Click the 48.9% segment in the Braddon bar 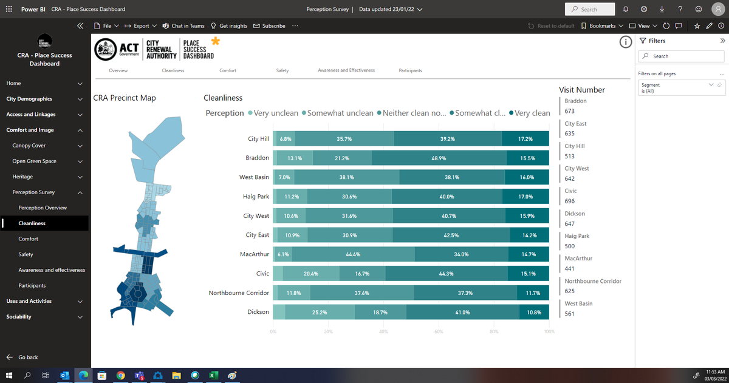tap(439, 158)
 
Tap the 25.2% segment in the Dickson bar tap(319, 312)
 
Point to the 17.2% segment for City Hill tap(525, 139)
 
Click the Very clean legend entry tap(530, 113)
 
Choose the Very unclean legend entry tap(273, 113)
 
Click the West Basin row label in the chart tap(254, 177)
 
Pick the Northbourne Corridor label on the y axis tap(239, 293)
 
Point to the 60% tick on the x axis tap(439, 332)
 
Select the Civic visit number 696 tap(570, 201)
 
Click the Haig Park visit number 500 tap(570, 246)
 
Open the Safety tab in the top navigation tap(282, 70)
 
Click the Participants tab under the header tap(410, 70)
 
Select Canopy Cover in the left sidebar tap(29, 146)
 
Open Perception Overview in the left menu tap(43, 208)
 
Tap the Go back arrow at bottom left tap(10, 358)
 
